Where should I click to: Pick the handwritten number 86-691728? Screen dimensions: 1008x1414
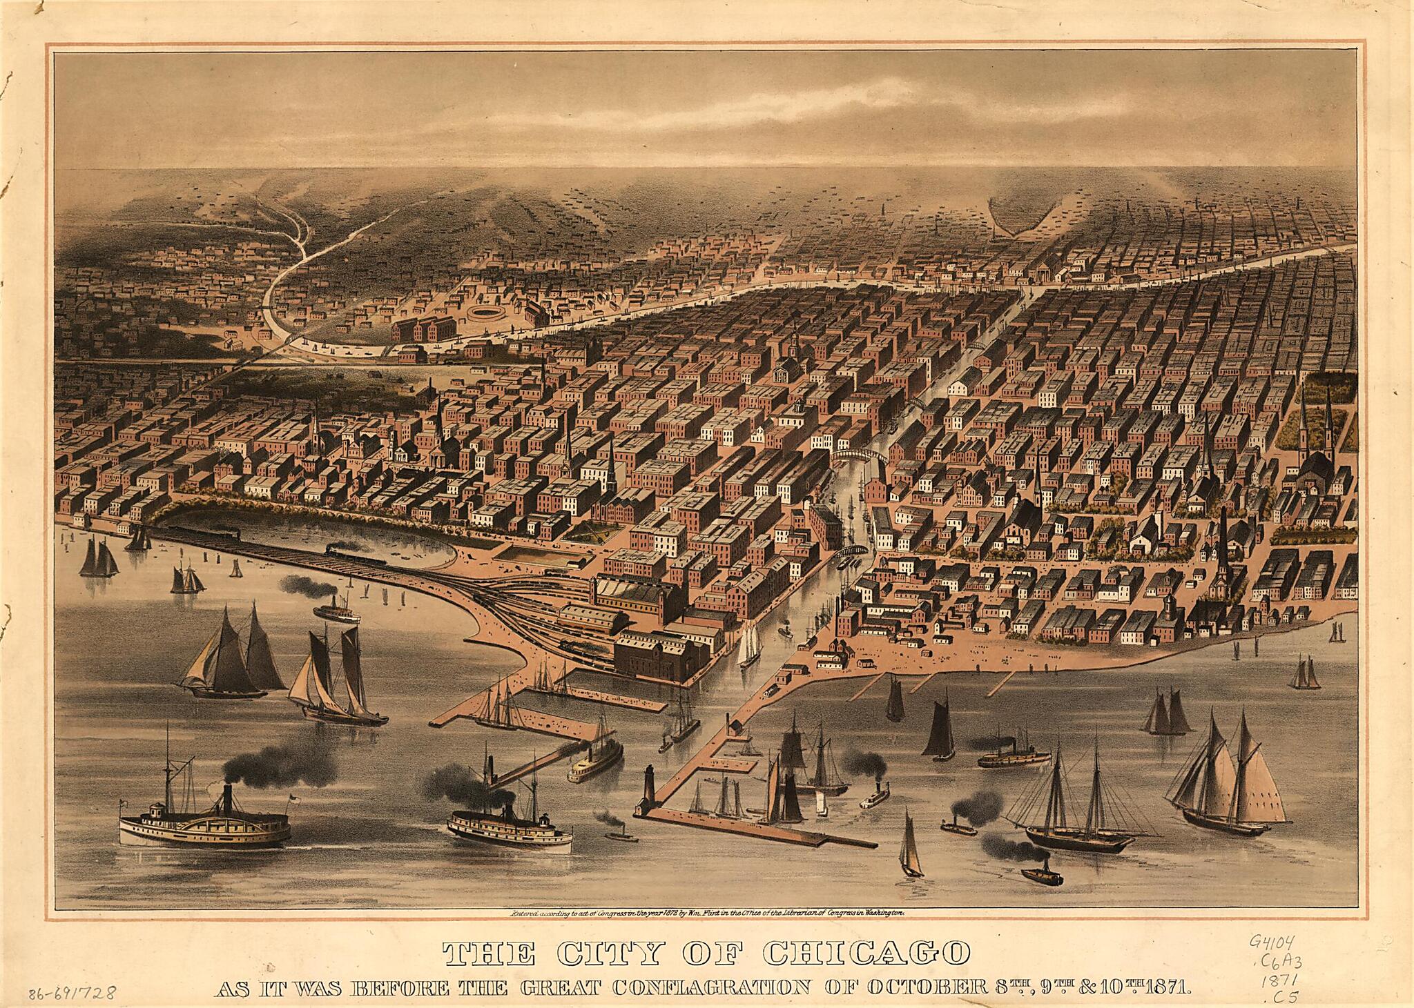coord(72,994)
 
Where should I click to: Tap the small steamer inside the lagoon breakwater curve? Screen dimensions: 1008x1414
coord(336,611)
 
